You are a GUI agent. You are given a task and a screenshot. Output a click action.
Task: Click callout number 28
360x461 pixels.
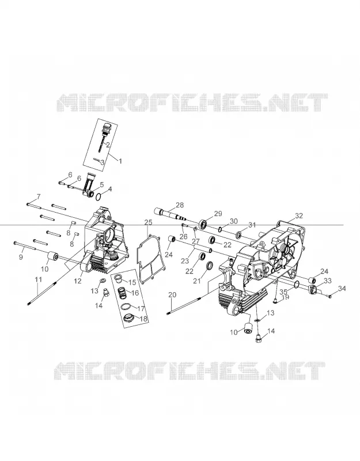click(x=180, y=205)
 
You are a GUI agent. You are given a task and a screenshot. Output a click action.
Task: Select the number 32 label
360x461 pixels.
click(x=298, y=216)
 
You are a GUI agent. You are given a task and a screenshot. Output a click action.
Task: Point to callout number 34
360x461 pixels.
click(x=342, y=289)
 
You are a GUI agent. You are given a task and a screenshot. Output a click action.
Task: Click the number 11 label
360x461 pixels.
click(x=39, y=279)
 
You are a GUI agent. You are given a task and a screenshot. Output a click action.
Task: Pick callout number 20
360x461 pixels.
click(x=172, y=294)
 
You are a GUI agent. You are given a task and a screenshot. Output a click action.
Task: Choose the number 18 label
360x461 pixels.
click(x=143, y=319)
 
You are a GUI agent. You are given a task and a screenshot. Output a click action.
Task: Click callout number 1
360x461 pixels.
click(x=120, y=161)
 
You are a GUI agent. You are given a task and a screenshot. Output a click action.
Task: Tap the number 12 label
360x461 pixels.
click(x=78, y=281)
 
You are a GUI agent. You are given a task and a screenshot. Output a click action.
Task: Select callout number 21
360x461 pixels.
click(x=196, y=281)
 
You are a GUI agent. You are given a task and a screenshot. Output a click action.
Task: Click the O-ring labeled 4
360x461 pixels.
click(x=99, y=198)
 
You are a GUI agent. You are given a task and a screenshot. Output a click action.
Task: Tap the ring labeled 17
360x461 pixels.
click(x=126, y=307)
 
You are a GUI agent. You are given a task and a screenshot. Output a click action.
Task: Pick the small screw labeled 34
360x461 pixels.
click(x=330, y=296)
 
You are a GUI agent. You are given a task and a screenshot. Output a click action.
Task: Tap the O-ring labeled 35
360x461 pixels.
click(x=297, y=283)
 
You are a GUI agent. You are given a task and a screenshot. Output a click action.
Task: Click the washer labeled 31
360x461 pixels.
click(x=238, y=235)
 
